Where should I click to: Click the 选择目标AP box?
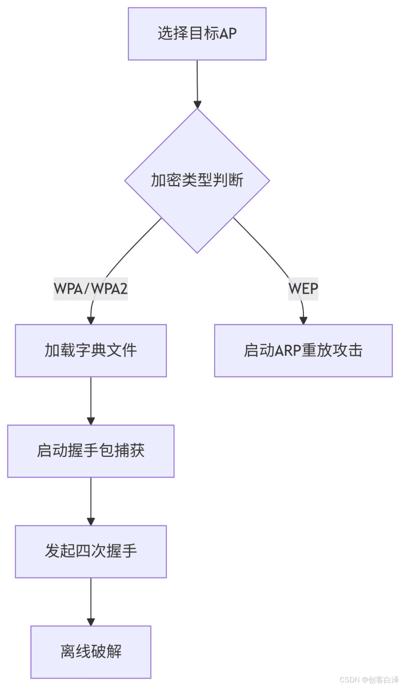(197, 34)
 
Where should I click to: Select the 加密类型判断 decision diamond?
(197, 180)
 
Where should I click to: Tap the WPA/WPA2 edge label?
(91, 290)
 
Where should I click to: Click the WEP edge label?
(303, 290)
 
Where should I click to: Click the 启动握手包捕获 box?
(91, 451)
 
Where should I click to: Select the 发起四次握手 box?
(91, 552)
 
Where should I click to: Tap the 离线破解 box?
(91, 652)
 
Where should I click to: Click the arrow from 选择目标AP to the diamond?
(197, 83)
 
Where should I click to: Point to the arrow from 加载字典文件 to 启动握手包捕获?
(91, 400)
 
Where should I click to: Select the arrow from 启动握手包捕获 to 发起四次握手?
(91, 500)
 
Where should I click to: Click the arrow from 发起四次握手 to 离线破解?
(91, 601)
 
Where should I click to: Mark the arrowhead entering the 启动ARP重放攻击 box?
(303, 320)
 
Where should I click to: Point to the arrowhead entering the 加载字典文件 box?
(91, 320)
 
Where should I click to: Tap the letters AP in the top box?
(228, 34)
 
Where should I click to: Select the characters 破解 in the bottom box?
(106, 652)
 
